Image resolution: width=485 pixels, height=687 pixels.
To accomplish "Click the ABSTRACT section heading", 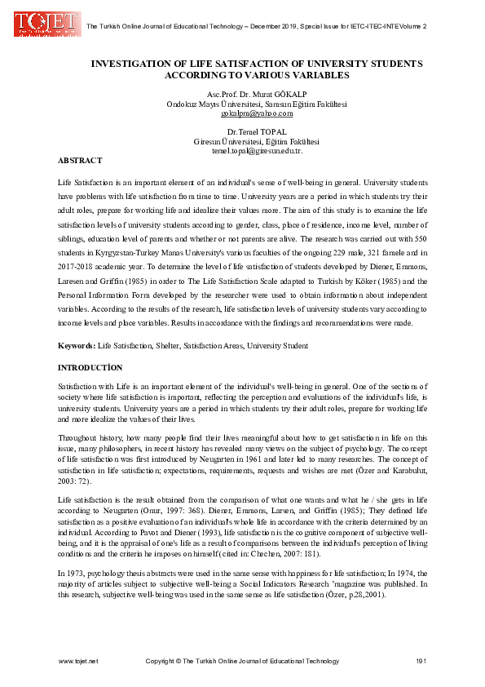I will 80,160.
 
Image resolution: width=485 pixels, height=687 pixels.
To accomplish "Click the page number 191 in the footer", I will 421,659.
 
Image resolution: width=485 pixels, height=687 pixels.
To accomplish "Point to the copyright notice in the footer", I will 242,659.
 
